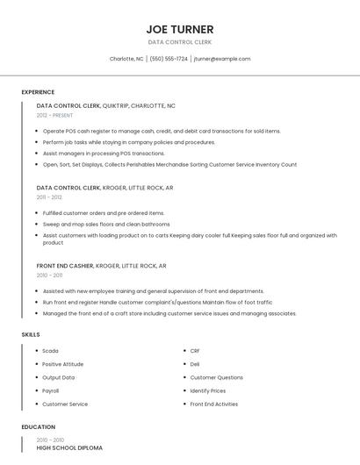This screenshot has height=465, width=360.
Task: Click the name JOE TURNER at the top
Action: [179, 29]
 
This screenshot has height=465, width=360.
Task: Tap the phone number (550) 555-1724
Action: [169, 59]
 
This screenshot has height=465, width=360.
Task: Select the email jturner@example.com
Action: [222, 59]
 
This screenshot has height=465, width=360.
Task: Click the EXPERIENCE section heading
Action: [38, 92]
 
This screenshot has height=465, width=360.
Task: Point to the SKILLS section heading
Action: [31, 334]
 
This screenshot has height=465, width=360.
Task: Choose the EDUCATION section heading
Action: [37, 426]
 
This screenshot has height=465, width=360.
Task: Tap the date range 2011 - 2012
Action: [49, 197]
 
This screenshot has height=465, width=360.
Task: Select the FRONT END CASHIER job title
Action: [64, 265]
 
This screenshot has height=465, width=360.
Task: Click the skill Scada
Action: [50, 351]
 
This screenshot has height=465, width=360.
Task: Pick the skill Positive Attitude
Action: [62, 364]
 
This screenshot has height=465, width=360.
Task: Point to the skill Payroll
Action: [51, 390]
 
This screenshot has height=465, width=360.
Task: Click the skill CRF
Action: [195, 351]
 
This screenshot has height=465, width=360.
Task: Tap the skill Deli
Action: [195, 364]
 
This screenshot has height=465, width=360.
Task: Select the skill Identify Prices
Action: [208, 390]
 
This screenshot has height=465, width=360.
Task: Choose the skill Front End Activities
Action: [213, 404]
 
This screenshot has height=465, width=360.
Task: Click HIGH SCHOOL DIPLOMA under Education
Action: [69, 447]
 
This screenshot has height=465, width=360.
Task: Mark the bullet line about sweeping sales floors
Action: [106, 224]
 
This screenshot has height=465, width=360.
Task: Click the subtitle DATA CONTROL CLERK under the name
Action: [179, 42]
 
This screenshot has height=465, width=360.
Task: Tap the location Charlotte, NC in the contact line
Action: [126, 59]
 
